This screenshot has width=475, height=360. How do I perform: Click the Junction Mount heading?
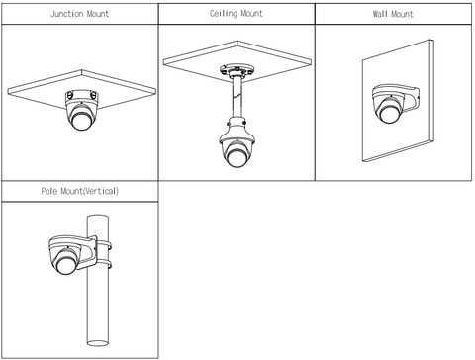pos(79,14)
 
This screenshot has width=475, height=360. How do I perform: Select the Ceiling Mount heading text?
pos(237,14)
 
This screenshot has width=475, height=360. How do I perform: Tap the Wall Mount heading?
pos(393,14)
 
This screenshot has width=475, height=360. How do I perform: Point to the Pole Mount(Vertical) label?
pos(79,191)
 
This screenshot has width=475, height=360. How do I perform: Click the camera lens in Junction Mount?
pos(81,121)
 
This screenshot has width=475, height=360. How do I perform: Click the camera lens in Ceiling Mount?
pos(236,157)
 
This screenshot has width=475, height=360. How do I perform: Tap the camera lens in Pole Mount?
pos(65,265)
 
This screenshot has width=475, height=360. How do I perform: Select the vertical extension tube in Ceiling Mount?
pos(237,97)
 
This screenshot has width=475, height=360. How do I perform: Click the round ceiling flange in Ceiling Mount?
pos(237,70)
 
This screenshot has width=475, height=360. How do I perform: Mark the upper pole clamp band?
pos(104,246)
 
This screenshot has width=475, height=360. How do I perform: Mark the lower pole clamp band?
pos(104,265)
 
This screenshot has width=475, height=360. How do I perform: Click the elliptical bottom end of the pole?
pos(98,343)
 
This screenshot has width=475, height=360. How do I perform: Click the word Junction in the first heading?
pos(67,14)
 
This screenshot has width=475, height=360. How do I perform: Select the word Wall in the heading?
pos(380,14)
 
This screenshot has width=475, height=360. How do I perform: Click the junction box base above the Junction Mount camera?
pos(82,97)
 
